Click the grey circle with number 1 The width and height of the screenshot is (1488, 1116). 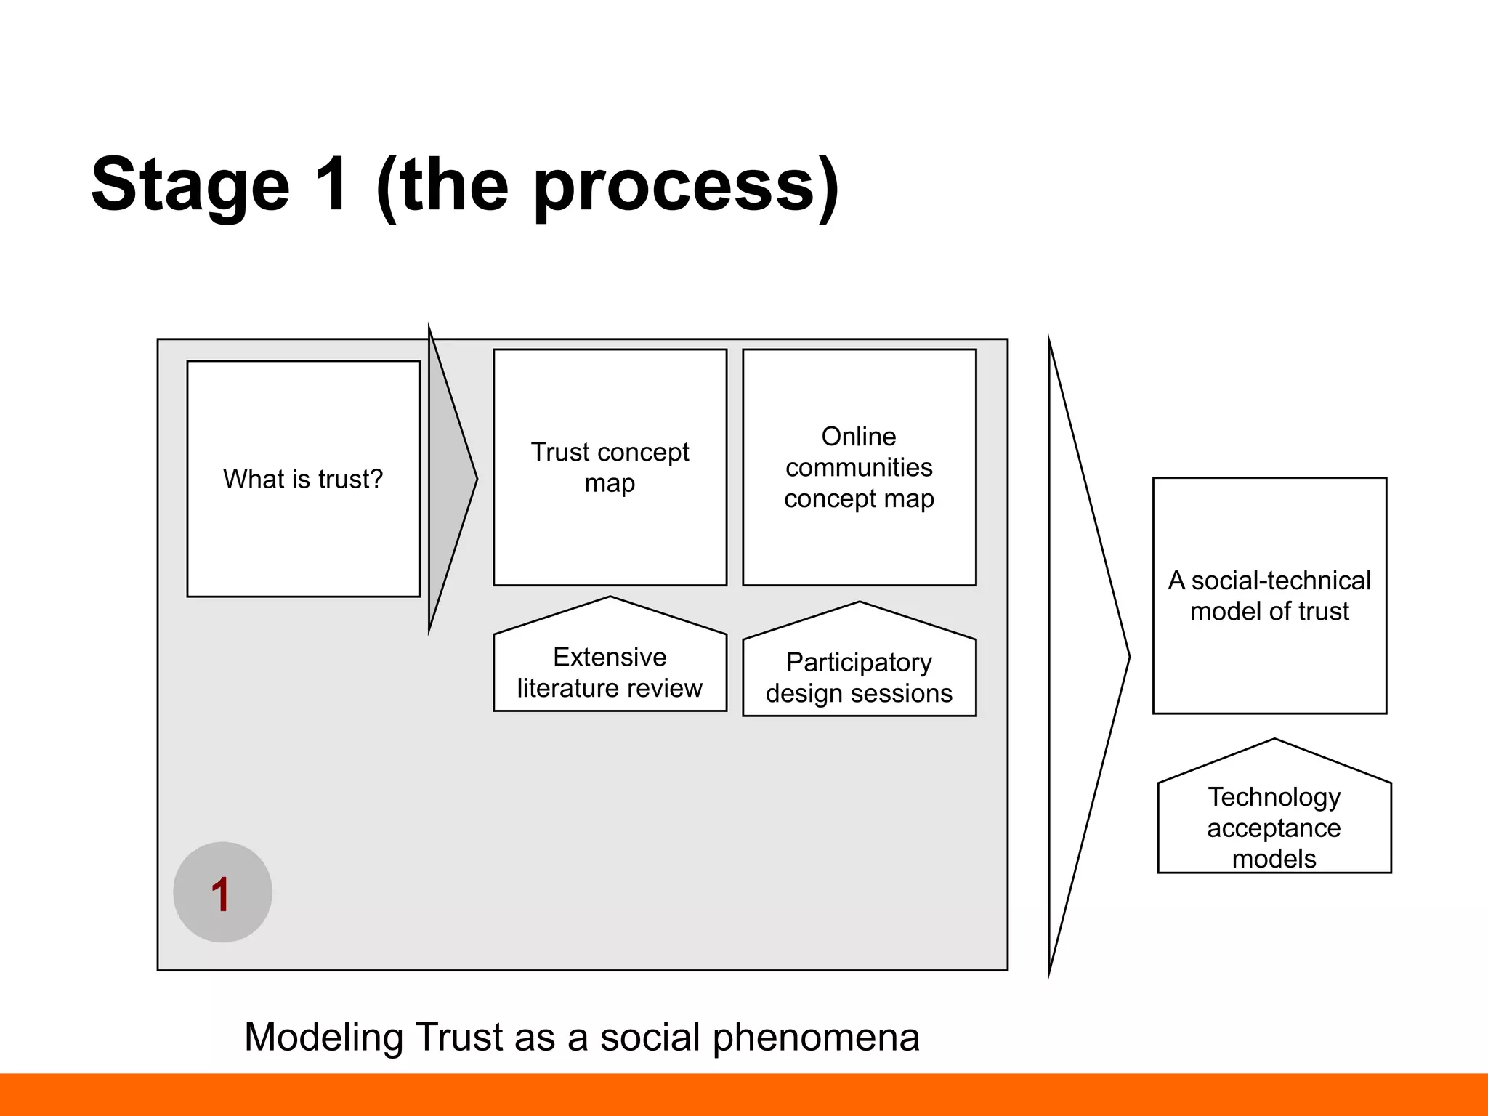click(222, 892)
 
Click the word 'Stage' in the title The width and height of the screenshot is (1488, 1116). click(190, 185)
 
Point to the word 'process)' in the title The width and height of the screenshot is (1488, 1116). click(687, 185)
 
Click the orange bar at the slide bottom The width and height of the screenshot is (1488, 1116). click(744, 1094)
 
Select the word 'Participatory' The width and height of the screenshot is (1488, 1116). click(859, 662)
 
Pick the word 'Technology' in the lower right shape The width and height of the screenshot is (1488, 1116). click(1274, 796)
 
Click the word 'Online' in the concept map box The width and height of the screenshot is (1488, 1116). click(859, 436)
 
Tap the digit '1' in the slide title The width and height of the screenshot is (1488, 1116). click(333, 185)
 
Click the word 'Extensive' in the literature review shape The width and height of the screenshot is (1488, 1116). click(610, 656)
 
